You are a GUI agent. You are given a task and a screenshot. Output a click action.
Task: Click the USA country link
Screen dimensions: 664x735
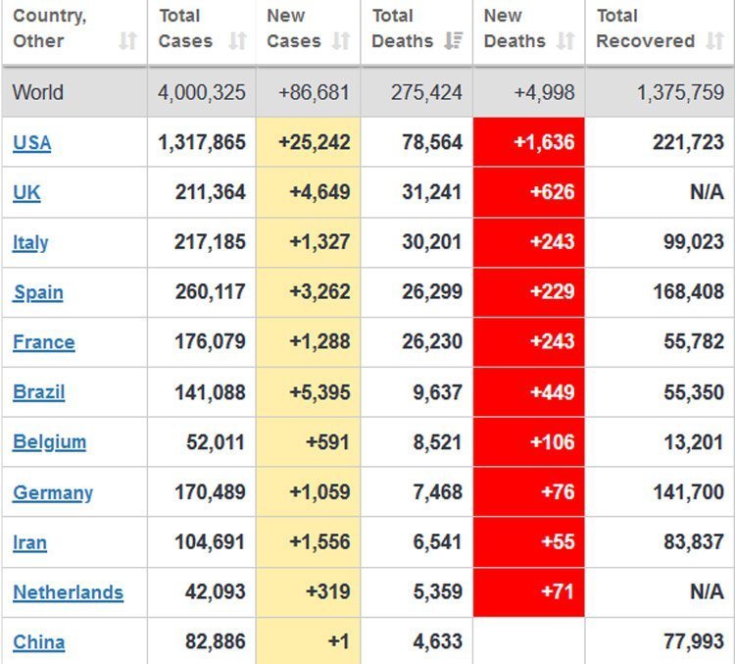31,143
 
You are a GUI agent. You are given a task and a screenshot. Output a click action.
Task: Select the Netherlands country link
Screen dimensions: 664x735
68,592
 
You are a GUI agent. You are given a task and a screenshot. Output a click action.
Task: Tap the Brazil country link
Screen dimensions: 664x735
39,392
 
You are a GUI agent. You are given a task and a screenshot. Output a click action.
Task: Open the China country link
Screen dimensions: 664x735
39,642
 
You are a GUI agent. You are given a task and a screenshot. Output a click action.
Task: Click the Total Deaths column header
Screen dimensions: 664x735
403,29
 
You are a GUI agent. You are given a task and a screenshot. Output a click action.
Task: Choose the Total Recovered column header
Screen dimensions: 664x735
645,29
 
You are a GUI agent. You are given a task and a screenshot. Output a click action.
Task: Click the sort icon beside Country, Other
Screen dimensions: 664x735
127,41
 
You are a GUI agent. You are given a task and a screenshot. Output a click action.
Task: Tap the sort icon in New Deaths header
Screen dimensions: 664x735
564,41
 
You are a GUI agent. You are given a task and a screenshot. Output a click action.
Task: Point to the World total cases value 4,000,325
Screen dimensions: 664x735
202,93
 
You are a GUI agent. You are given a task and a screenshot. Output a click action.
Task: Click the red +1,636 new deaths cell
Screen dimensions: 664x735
530,143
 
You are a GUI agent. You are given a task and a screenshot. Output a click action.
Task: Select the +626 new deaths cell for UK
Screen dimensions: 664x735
530,192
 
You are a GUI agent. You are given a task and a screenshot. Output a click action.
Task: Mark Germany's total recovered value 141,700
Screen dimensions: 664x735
688,492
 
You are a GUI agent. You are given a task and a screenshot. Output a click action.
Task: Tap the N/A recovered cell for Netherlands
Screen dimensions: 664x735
706,592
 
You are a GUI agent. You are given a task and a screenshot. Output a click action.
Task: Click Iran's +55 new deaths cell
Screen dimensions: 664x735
530,542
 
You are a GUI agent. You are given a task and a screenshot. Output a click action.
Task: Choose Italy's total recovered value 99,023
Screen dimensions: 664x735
693,242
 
